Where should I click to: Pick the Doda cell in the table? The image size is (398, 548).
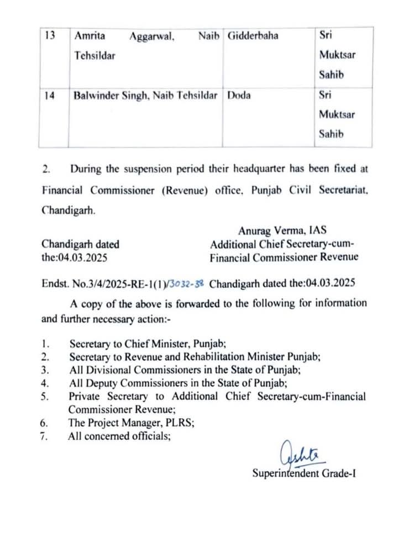[239, 95]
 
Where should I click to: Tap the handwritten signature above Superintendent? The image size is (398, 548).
[297, 455]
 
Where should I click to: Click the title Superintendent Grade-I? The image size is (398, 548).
[303, 473]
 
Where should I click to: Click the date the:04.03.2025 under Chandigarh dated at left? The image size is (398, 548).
[74, 257]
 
